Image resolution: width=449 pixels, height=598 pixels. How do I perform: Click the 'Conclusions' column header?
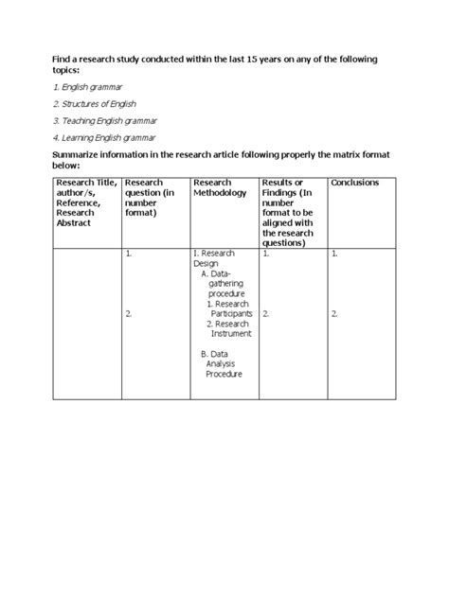coord(355,183)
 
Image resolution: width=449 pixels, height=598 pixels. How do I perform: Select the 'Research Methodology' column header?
coord(219,187)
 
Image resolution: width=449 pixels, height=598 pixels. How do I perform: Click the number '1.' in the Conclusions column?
coord(335,255)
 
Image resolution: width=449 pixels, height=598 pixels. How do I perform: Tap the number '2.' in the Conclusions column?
coord(335,313)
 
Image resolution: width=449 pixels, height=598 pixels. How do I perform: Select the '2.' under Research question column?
coord(128,313)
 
